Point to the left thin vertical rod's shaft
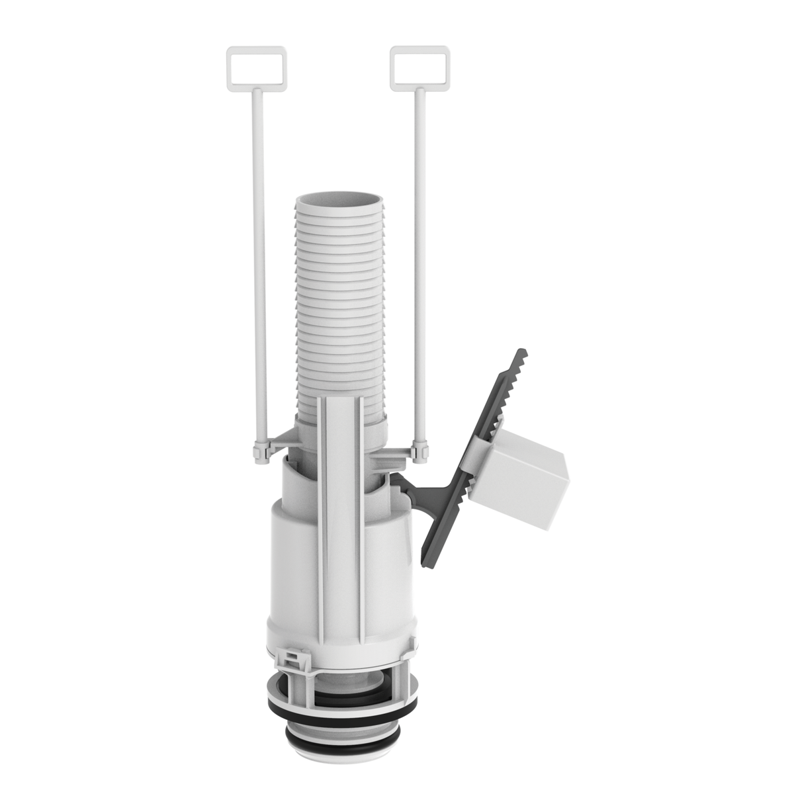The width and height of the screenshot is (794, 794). pyautogui.click(x=259, y=265)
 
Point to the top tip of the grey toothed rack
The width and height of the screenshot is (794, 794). pyautogui.click(x=522, y=351)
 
